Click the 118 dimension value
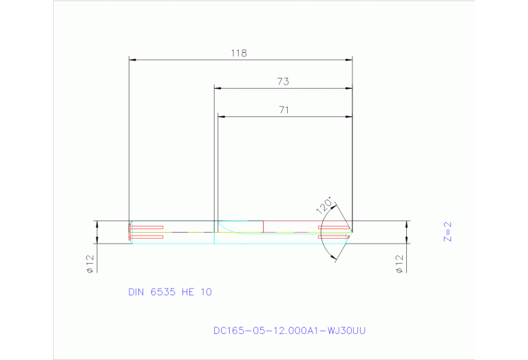coord(240,52)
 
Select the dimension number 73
coord(282,81)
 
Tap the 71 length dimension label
coord(283,109)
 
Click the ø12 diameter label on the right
coord(399,264)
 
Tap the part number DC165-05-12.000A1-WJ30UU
coord(289,330)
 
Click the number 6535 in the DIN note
coord(163,292)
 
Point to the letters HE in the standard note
coord(187,292)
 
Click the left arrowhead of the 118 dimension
coord(134,60)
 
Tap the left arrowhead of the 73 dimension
coord(218,88)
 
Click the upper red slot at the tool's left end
coord(147,227)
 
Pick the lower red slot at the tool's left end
coord(147,237)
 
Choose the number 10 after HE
coord(206,292)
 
